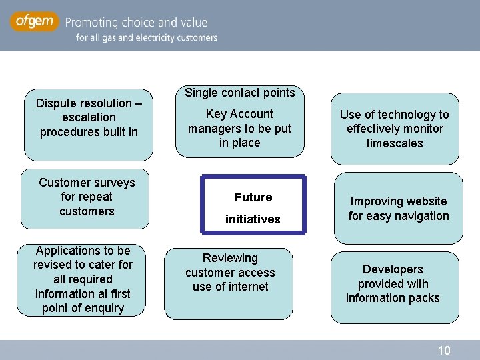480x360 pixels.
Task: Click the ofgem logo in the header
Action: coord(34,22)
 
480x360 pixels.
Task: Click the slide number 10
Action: coord(444,351)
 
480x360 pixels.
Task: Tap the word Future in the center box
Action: coord(253,197)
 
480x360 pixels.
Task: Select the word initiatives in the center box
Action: coord(253,219)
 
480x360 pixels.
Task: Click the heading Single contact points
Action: coord(239,93)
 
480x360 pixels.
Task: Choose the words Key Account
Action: coord(239,114)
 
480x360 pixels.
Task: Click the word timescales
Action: coord(395,143)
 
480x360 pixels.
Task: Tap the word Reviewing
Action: coord(230,258)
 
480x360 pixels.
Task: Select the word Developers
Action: coord(393,269)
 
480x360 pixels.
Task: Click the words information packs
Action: coord(393,298)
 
